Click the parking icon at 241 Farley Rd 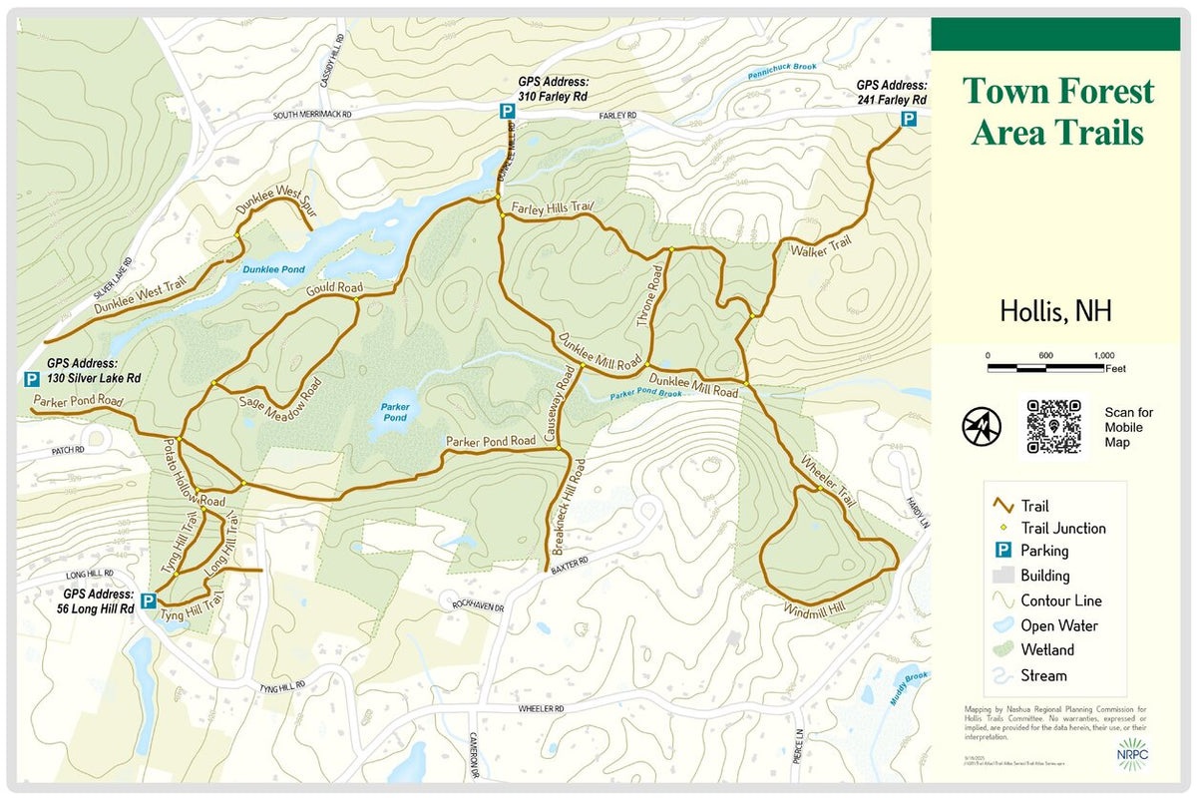point(909,120)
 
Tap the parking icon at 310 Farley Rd point(508,114)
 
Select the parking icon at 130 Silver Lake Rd point(32,379)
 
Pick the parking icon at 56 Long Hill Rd point(148,600)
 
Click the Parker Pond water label point(395,412)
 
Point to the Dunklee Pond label point(273,269)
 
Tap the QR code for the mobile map point(1054,427)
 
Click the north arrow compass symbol point(981,427)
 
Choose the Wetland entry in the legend point(1046,650)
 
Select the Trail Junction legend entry point(1062,529)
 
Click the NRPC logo point(1133,755)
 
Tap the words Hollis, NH point(1055,311)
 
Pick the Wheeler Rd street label point(541,708)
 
